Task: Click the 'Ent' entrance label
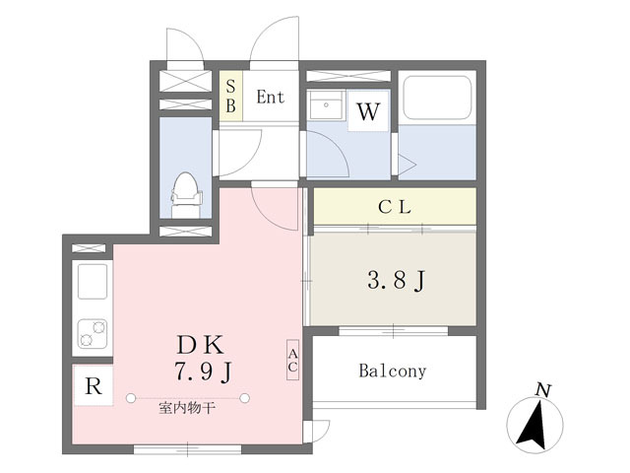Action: pyautogui.click(x=270, y=98)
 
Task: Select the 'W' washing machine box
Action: pyautogui.click(x=368, y=111)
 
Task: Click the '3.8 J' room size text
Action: pyautogui.click(x=397, y=281)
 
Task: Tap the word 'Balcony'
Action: pyautogui.click(x=392, y=372)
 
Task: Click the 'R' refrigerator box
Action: pyautogui.click(x=93, y=387)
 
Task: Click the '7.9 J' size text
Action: pyautogui.click(x=203, y=372)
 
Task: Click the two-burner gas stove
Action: pyautogui.click(x=92, y=334)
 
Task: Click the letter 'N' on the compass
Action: pyautogui.click(x=541, y=390)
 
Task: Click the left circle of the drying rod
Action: pyautogui.click(x=131, y=398)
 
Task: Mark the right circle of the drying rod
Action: pyautogui.click(x=250, y=398)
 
